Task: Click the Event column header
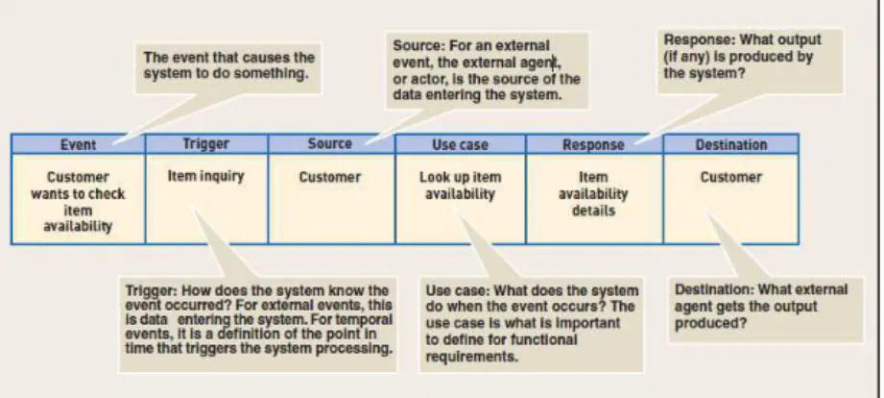click(78, 144)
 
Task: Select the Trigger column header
click(206, 144)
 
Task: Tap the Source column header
click(331, 144)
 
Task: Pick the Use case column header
click(460, 144)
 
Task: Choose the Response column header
click(594, 144)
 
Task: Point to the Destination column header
click(731, 144)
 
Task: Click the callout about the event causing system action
click(228, 65)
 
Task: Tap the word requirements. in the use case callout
click(471, 357)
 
